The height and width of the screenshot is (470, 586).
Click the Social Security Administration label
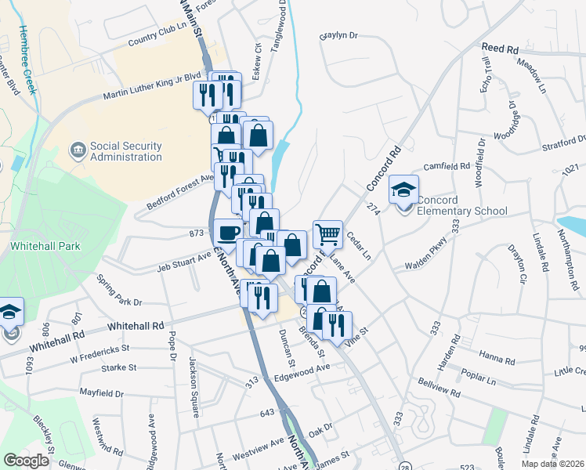pos(125,151)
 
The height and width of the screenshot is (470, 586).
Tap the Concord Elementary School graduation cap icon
pos(404,190)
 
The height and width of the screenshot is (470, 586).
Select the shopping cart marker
pos(327,233)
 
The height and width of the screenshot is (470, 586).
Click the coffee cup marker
pos(228,233)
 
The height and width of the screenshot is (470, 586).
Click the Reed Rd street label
pos(501,49)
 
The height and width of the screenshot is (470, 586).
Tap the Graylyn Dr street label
pos(338,35)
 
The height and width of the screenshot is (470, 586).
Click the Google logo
pos(27,461)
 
